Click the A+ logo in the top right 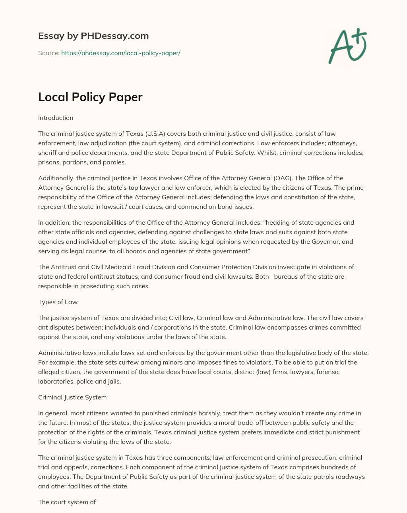click(347, 46)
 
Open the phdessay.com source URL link click(120, 53)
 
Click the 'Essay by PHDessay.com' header click(93, 36)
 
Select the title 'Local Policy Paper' click(90, 97)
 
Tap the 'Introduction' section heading click(56, 118)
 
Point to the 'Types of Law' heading click(58, 302)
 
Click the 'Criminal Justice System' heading click(72, 397)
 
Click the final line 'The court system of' click(67, 502)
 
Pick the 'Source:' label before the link click(49, 53)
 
